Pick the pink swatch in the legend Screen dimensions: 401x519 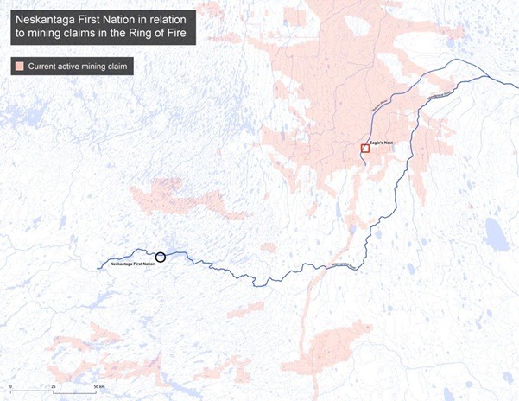click(17, 67)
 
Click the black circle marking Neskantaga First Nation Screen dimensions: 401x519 click(160, 258)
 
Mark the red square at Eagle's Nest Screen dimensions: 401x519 click(365, 149)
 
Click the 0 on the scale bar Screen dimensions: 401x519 click(11, 380)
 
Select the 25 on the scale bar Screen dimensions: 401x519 click(54, 380)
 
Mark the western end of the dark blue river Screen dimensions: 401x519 click(98, 266)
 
